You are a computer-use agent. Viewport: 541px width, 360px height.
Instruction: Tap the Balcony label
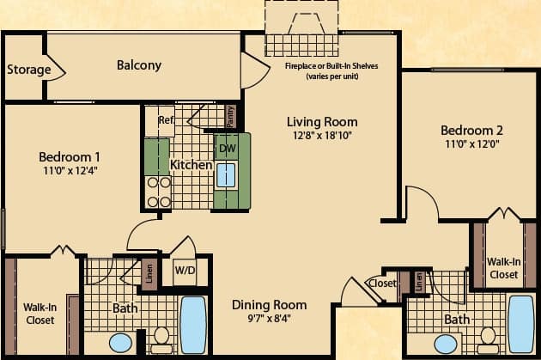tap(139, 65)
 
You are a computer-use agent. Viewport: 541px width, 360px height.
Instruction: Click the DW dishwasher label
tap(228, 148)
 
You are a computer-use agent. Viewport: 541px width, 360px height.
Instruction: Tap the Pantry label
tap(230, 113)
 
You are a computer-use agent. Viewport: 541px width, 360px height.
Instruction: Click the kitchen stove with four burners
tap(159, 192)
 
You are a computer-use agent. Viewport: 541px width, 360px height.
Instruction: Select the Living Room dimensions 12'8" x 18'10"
tap(321, 135)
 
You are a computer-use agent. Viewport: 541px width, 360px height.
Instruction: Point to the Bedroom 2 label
tap(471, 131)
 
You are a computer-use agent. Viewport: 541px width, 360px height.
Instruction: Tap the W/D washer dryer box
tap(185, 269)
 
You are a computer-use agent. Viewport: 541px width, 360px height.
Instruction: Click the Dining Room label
tap(269, 305)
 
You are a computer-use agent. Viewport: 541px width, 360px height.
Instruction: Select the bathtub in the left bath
tap(193, 325)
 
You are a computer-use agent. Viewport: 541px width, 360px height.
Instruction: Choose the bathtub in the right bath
tap(520, 324)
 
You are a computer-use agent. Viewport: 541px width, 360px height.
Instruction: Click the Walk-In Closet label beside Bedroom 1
tap(40, 314)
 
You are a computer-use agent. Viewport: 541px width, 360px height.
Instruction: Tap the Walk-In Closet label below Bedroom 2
tap(502, 268)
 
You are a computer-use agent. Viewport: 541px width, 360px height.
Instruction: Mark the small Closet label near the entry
tap(381, 283)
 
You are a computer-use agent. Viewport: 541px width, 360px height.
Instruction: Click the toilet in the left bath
tap(161, 339)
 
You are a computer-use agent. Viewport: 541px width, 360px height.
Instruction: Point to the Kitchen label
tap(191, 164)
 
